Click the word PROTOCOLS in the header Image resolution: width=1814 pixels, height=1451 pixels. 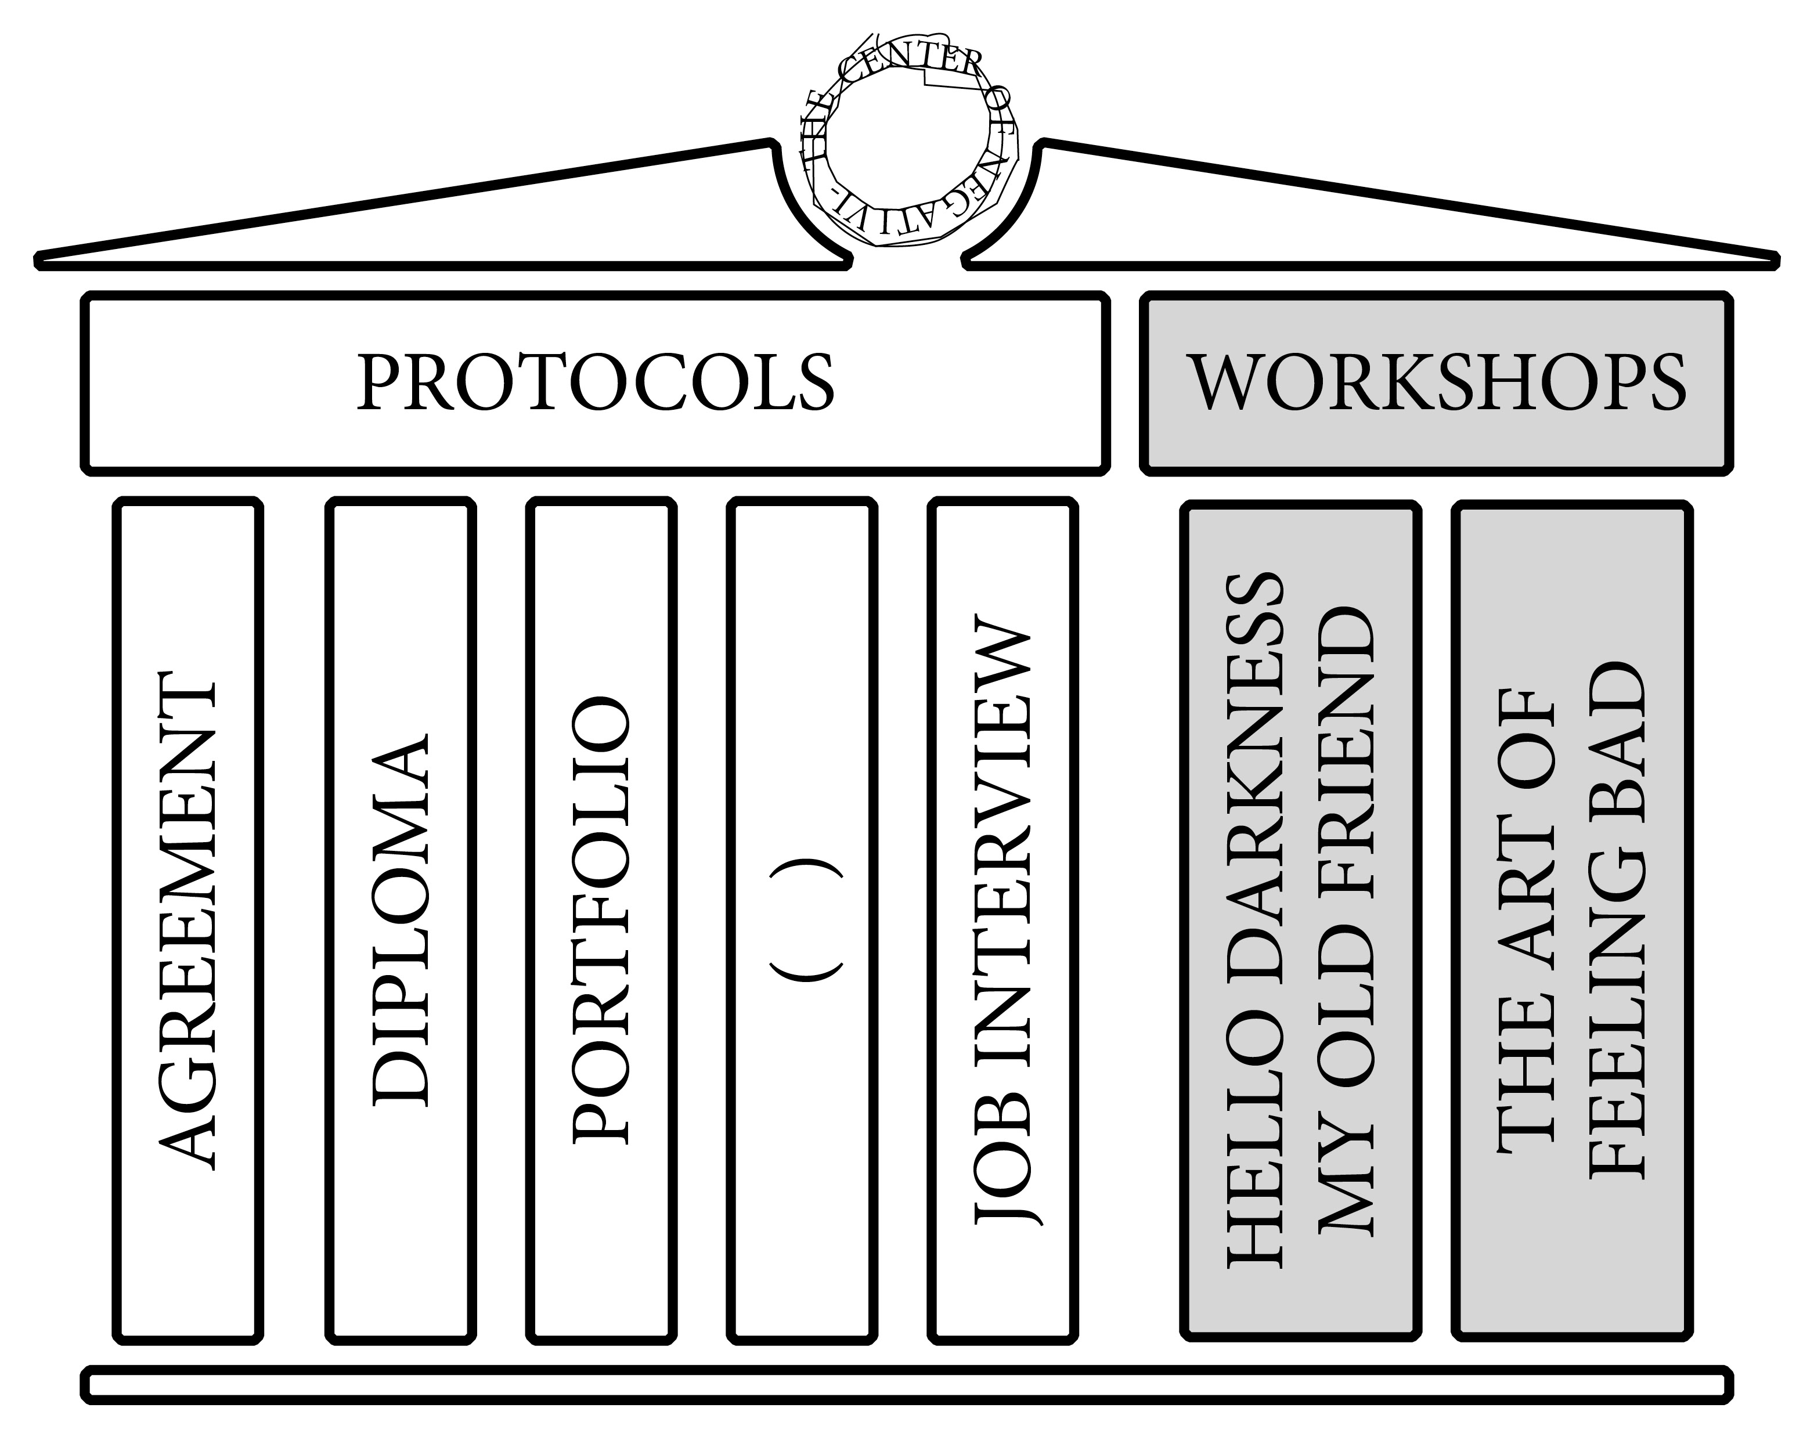click(x=596, y=382)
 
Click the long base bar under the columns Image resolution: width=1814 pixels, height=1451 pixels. click(x=907, y=1385)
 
